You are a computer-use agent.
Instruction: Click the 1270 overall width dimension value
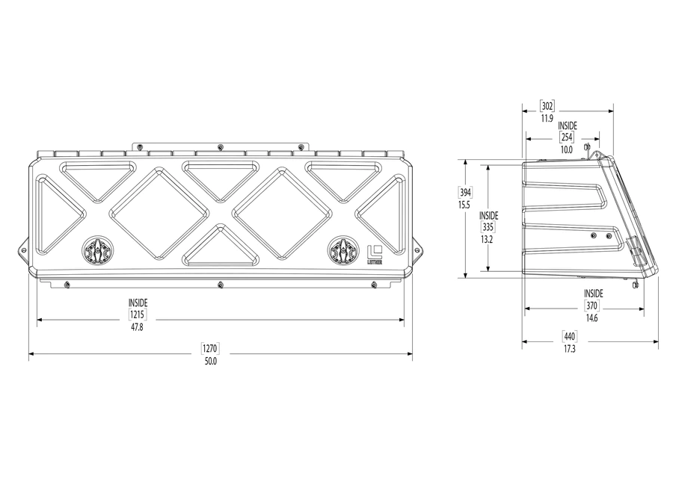[x=209, y=349]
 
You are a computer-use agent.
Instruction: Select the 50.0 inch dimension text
[x=209, y=362]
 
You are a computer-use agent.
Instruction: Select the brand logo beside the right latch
[x=375, y=254]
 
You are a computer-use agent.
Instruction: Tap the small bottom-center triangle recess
[x=220, y=247]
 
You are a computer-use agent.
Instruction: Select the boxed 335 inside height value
[x=488, y=227]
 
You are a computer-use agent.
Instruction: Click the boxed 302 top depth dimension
[x=547, y=106]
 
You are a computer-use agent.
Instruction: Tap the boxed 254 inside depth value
[x=566, y=137]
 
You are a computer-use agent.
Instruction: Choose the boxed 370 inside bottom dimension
[x=591, y=306]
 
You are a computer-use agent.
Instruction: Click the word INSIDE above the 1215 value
[x=138, y=303]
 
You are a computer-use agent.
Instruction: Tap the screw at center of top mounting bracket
[x=220, y=146]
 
